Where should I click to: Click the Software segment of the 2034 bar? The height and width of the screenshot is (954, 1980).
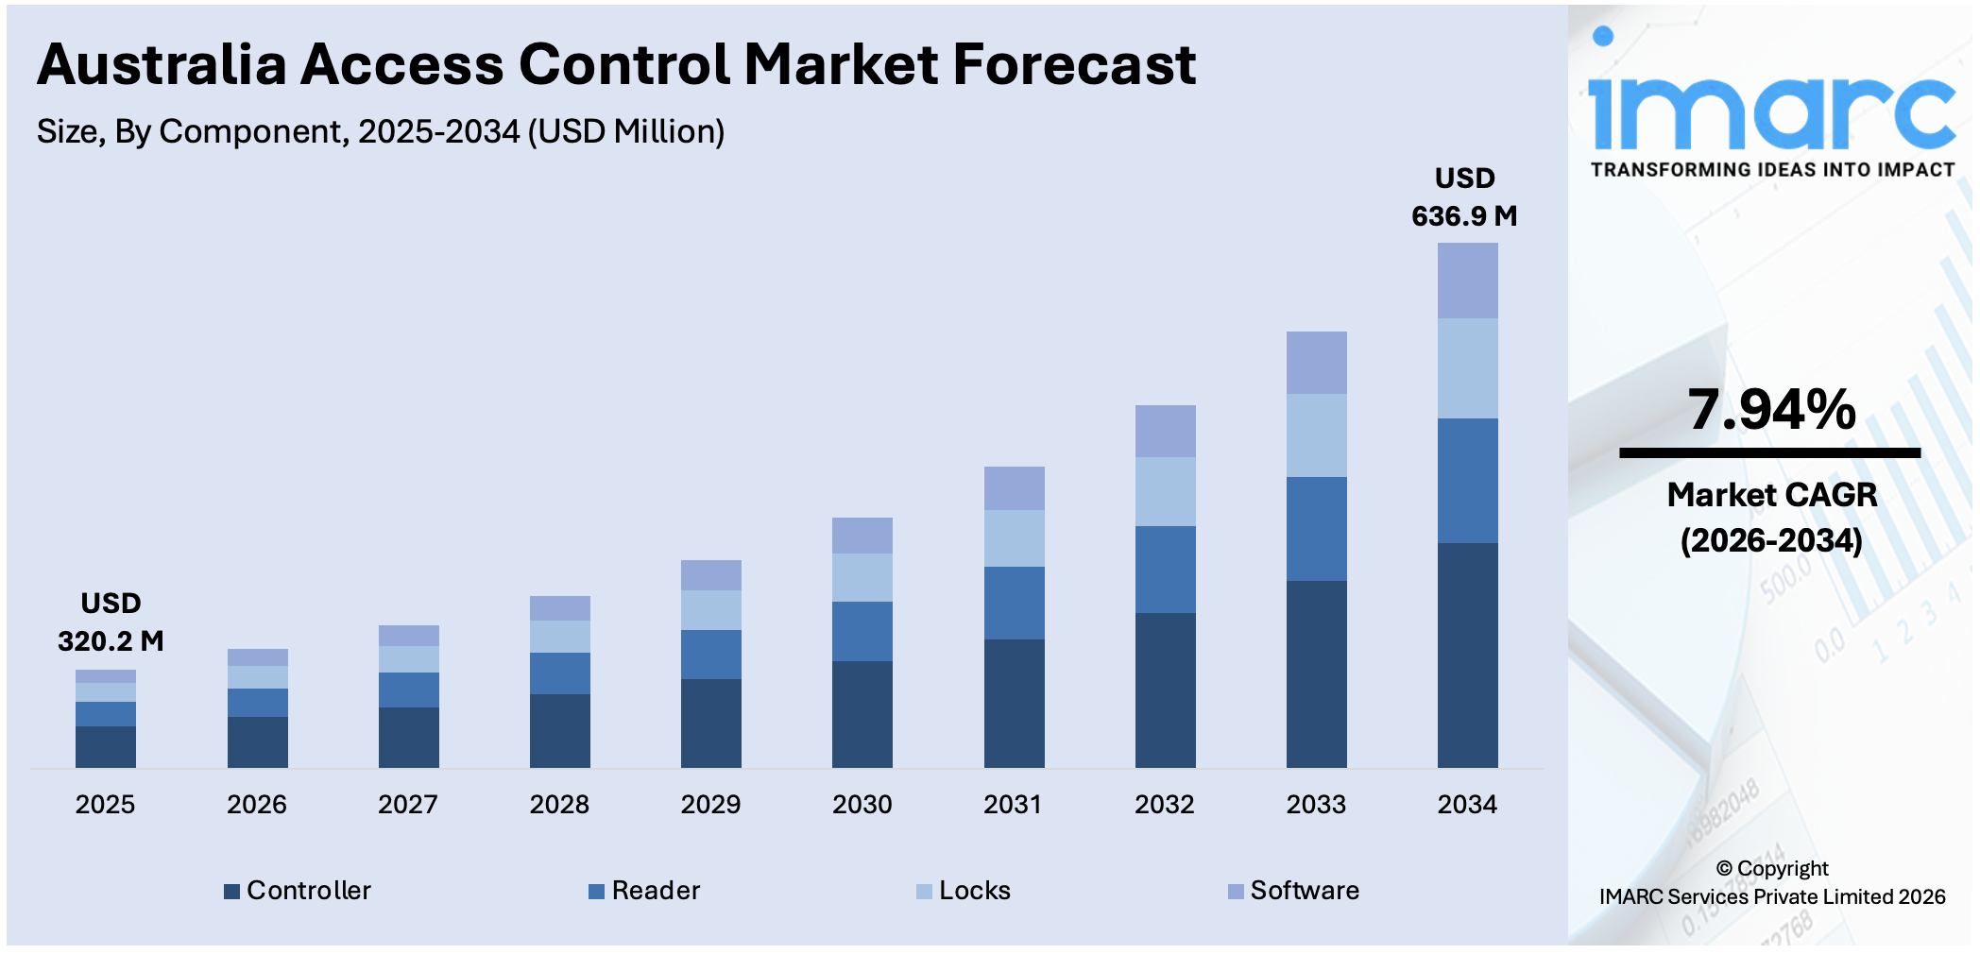click(x=1467, y=281)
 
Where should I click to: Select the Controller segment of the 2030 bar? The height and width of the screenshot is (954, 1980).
click(x=862, y=713)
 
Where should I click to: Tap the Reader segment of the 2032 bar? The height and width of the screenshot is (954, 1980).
click(x=1165, y=569)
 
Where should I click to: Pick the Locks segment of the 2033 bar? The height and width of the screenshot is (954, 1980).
click(x=1316, y=434)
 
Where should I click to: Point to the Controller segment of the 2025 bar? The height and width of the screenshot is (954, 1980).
click(x=105, y=746)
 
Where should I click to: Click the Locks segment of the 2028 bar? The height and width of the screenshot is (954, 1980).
click(x=559, y=636)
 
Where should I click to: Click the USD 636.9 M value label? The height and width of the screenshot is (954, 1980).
click(x=1464, y=197)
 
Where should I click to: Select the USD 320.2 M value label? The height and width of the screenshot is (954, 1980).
click(x=111, y=622)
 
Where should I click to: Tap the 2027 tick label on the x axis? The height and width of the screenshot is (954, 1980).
click(x=407, y=805)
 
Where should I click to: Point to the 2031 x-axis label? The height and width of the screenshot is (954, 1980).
click(x=1013, y=805)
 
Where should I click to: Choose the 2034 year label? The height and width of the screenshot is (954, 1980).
click(x=1467, y=805)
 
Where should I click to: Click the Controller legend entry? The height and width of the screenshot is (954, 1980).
click(x=298, y=891)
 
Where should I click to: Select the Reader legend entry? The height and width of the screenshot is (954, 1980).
click(x=644, y=891)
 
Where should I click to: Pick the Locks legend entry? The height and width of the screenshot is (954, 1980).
click(x=964, y=891)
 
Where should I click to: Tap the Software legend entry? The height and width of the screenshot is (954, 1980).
click(x=1293, y=891)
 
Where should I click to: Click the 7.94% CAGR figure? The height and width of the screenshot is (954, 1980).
click(x=1771, y=410)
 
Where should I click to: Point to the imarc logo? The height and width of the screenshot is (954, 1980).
click(x=1771, y=104)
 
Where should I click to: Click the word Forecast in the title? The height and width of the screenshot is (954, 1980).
click(x=1074, y=65)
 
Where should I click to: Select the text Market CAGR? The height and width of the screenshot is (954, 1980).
click(x=1771, y=495)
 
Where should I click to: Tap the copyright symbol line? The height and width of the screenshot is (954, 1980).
click(x=1771, y=868)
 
